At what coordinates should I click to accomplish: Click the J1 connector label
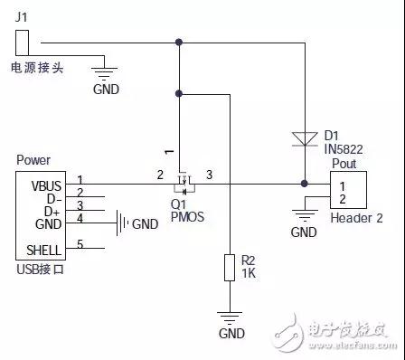point(23,15)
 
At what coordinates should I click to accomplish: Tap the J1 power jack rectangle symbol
point(24,43)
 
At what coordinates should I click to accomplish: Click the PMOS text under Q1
point(186,217)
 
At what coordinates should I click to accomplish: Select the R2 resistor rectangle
point(231,268)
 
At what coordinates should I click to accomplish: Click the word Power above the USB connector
point(33,159)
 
